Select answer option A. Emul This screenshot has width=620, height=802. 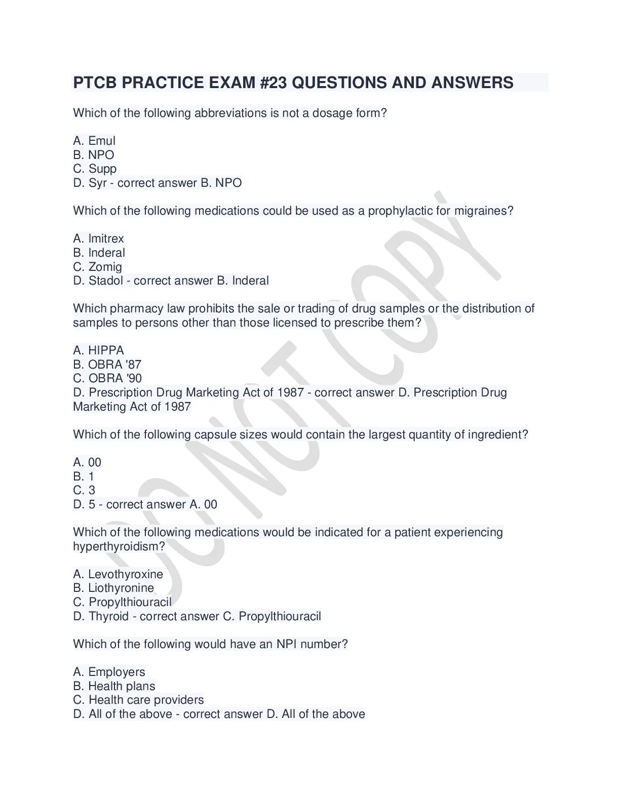(94, 141)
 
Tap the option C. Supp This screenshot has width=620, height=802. (95, 169)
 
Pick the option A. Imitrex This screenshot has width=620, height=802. (98, 238)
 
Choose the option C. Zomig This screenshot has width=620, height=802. (97, 267)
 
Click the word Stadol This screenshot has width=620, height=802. (105, 280)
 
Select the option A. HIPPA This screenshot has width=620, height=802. (98, 350)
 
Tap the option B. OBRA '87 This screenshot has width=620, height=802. (107, 365)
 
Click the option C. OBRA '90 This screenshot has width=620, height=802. (107, 378)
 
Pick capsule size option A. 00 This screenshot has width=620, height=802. (87, 462)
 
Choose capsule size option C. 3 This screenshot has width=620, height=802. (84, 490)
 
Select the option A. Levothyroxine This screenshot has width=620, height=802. (118, 574)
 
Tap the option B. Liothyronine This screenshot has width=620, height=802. (113, 588)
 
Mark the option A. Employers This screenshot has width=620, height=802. (109, 672)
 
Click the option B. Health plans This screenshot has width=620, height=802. (114, 686)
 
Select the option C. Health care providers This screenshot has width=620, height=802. (138, 700)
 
